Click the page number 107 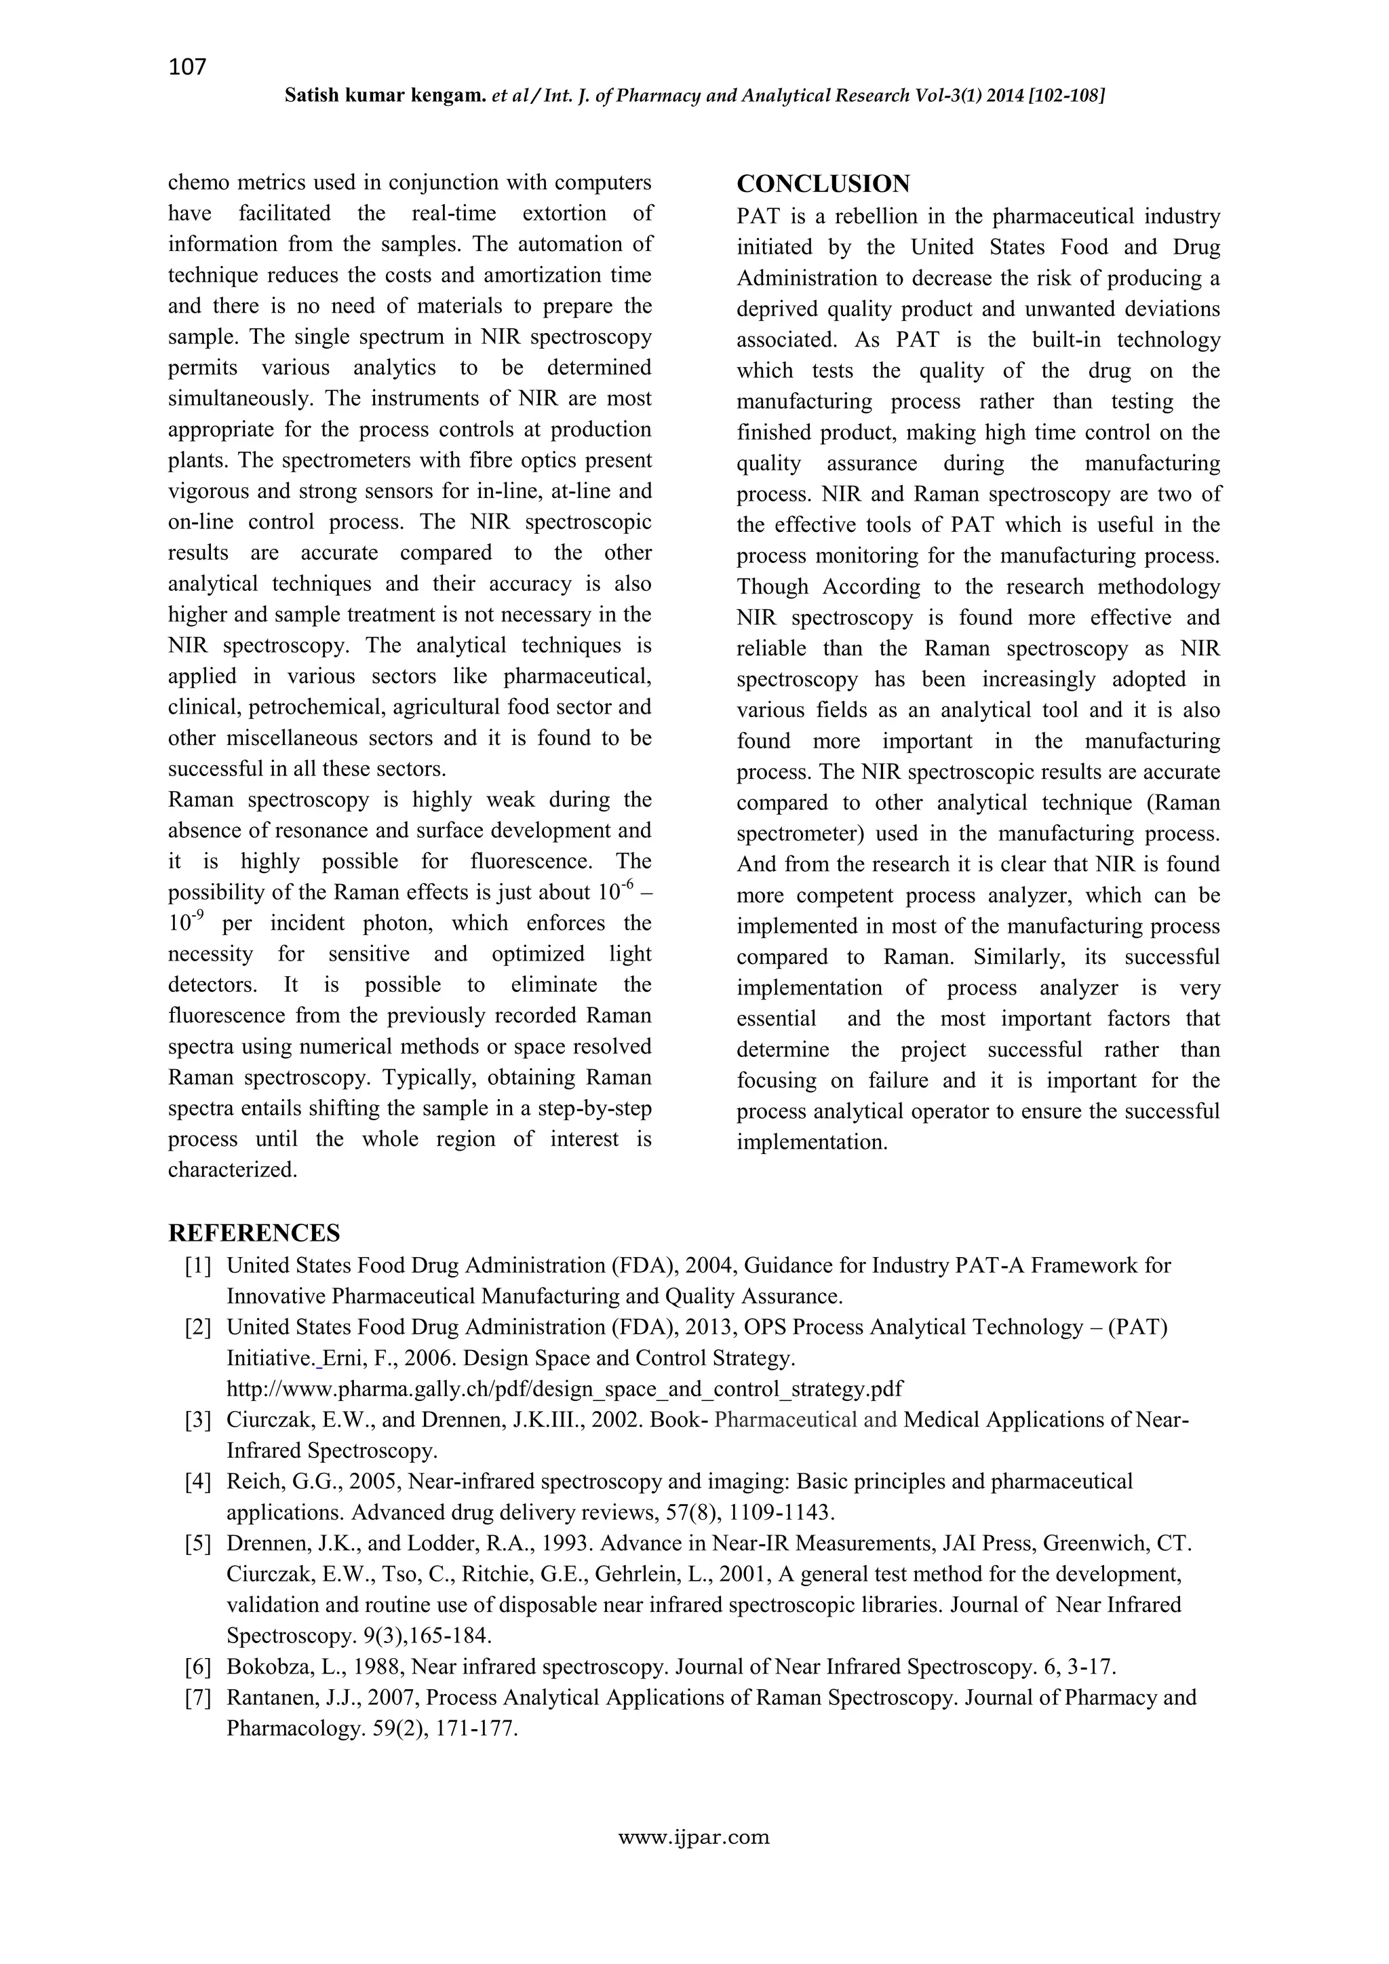point(187,66)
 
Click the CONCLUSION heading point(823,184)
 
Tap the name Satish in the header point(312,96)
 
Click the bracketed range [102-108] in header point(1061,96)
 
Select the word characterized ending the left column point(232,1170)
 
